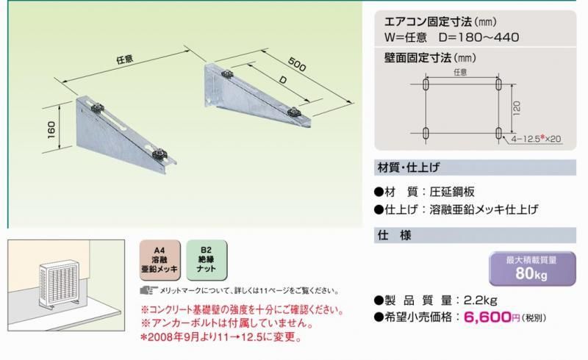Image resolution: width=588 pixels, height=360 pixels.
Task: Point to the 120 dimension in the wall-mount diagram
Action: coord(517,109)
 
